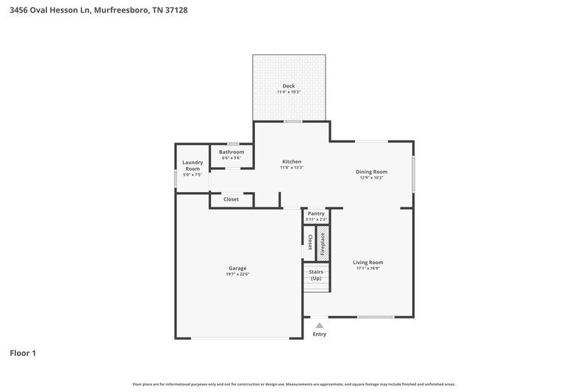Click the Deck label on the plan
click(x=288, y=86)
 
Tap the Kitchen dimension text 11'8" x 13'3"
click(x=291, y=168)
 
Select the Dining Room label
click(x=372, y=171)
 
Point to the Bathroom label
click(x=232, y=152)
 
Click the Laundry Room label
click(x=193, y=165)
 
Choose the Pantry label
click(x=316, y=213)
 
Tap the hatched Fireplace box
click(x=321, y=243)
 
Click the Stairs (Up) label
click(x=316, y=275)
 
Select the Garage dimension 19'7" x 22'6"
click(x=237, y=274)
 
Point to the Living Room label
click(x=368, y=262)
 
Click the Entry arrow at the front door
click(x=319, y=324)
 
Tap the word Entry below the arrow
click(x=319, y=334)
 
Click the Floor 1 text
click(x=23, y=353)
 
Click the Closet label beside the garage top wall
click(x=231, y=199)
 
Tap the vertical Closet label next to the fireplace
click(x=309, y=243)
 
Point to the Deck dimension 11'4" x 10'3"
click(x=288, y=92)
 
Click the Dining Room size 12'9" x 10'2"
click(x=372, y=177)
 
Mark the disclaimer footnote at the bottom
click(x=293, y=384)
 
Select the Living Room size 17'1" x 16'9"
click(x=368, y=268)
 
